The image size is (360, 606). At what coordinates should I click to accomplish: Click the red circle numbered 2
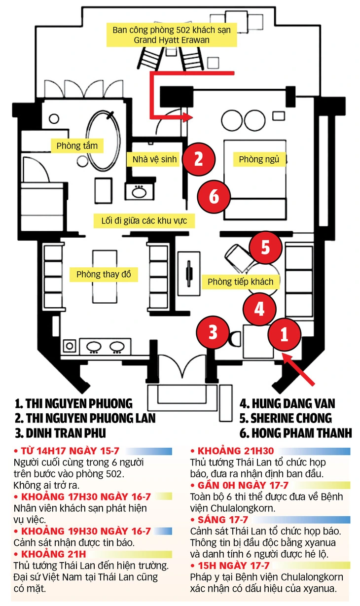tap(199, 159)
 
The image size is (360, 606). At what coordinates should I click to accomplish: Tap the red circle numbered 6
tap(214, 197)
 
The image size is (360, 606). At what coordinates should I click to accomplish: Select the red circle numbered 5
tap(265, 247)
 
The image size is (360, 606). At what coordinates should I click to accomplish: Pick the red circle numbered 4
tap(259, 309)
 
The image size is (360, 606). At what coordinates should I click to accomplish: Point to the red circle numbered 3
tap(213, 332)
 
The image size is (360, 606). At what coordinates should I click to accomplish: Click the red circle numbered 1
tap(284, 334)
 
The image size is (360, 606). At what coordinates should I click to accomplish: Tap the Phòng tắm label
tap(77, 146)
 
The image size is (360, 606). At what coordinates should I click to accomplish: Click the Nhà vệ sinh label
tap(154, 159)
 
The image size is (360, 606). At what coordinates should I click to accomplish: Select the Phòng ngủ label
tap(259, 159)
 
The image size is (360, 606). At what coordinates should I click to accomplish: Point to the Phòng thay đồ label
tap(104, 274)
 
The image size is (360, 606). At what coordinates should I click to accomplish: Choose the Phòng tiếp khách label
tap(241, 282)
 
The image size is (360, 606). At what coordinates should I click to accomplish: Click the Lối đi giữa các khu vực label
tap(144, 220)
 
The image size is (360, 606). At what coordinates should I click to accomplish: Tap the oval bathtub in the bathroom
tap(103, 141)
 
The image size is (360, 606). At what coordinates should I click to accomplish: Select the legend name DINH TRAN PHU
tap(60, 433)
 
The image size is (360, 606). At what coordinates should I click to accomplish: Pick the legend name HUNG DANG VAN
tap(287, 404)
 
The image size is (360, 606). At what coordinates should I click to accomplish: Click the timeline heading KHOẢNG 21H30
tap(232, 451)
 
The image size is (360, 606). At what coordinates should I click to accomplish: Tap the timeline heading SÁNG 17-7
tap(219, 520)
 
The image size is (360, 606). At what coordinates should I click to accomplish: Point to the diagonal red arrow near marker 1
tap(298, 369)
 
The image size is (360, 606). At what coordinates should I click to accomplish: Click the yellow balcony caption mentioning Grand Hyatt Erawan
tap(172, 35)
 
